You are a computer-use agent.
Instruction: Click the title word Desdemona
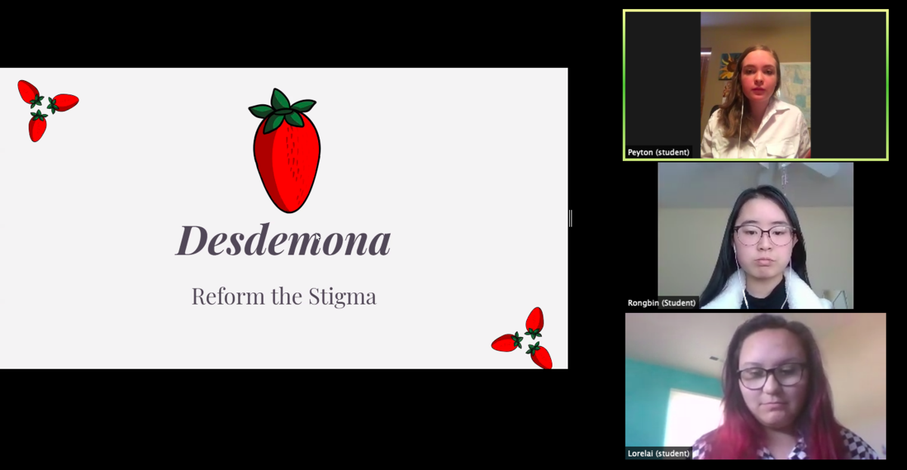[283, 240]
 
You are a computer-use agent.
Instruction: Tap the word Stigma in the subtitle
[342, 298]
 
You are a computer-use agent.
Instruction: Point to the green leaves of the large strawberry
[282, 110]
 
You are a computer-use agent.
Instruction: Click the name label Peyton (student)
[658, 152]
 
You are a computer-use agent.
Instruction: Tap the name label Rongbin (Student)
[661, 303]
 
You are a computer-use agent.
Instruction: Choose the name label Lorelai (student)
[658, 453]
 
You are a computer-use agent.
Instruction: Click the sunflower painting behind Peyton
[729, 66]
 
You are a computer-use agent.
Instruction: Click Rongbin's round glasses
[763, 236]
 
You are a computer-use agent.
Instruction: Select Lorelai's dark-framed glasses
[772, 376]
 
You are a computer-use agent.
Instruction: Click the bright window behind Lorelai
[693, 417]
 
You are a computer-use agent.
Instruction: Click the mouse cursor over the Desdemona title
[318, 239]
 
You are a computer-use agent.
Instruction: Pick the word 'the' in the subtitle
[286, 296]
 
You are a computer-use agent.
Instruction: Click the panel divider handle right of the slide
[571, 218]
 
